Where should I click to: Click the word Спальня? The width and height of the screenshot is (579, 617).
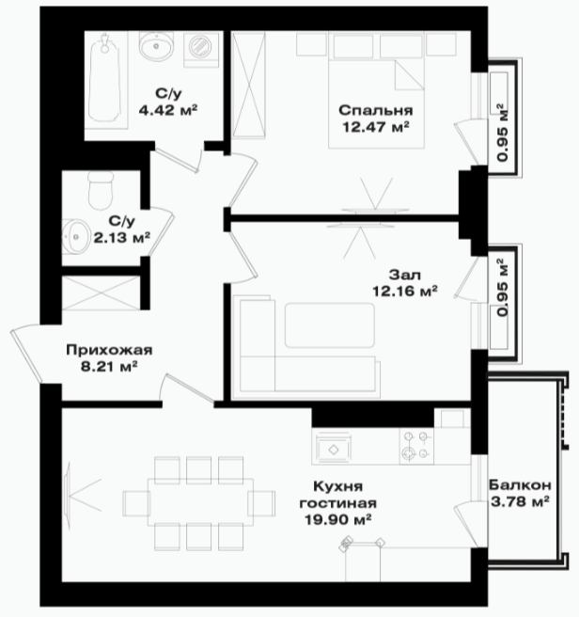tap(376, 111)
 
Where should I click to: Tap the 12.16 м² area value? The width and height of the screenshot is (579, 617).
tap(405, 291)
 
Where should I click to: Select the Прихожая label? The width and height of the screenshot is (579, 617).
tap(109, 350)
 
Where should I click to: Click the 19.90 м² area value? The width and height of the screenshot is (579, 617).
tap(338, 519)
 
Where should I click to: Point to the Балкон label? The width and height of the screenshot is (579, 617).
tap(520, 485)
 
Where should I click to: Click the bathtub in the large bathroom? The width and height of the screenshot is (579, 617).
tap(105, 81)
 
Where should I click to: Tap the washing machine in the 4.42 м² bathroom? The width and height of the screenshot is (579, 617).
tap(200, 48)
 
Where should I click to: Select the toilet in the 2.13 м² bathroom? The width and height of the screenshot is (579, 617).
tap(101, 192)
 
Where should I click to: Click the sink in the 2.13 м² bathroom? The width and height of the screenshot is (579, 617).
tap(75, 236)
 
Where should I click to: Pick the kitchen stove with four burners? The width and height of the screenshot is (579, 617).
tap(416, 447)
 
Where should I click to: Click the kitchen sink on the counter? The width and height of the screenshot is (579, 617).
tap(334, 449)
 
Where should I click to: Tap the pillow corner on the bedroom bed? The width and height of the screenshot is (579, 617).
tap(409, 75)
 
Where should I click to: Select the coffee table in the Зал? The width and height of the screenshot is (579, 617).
tap(330, 325)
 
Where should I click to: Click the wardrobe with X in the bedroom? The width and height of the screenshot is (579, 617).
tap(249, 85)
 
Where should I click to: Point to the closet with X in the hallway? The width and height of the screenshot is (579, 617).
tap(102, 293)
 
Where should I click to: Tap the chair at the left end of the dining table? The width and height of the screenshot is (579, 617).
tap(136, 503)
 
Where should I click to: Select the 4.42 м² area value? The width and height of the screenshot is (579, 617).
tap(167, 110)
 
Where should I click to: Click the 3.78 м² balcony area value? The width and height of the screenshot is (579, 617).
tap(520, 502)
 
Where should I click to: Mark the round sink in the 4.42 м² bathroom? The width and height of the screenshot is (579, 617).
tap(156, 46)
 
